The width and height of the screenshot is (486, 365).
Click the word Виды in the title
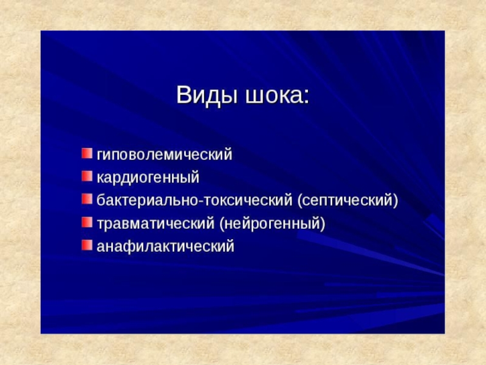[x=207, y=96]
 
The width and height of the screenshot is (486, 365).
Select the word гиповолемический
[x=165, y=155]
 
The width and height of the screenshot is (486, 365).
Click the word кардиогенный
[x=148, y=178]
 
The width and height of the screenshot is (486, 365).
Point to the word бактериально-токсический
[x=194, y=201]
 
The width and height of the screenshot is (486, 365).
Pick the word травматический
[x=156, y=223]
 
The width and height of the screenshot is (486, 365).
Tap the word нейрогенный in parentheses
[x=272, y=223]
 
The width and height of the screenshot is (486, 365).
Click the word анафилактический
[x=165, y=246]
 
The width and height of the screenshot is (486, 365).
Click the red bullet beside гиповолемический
[x=87, y=153]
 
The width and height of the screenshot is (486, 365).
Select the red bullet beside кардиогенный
[x=87, y=176]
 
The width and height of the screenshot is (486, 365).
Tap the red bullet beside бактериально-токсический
[x=87, y=200]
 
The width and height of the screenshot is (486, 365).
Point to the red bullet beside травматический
[x=87, y=222]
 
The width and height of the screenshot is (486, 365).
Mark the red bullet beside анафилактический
[x=87, y=245]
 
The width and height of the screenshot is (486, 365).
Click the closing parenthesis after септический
[x=395, y=201]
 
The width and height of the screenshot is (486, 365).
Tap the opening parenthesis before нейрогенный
[x=222, y=223]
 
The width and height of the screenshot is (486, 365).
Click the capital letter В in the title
[x=184, y=95]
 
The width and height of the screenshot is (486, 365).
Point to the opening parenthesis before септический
[x=300, y=201]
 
